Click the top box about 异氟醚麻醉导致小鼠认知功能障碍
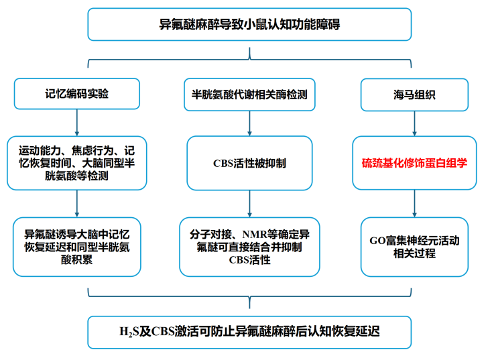[249, 25]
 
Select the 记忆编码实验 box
[77, 94]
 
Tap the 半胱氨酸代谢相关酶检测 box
[249, 95]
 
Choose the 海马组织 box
[414, 95]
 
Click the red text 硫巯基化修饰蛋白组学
[414, 163]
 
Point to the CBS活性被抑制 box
[249, 163]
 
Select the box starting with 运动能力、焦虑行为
[77, 163]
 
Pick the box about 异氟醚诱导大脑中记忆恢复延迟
[77, 247]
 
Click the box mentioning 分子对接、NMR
[249, 247]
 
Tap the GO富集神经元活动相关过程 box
[414, 247]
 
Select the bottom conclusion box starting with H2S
[249, 332]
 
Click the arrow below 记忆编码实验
[77, 123]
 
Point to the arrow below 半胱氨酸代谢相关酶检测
[249, 123]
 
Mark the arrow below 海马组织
[414, 123]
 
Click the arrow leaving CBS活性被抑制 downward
[249, 204]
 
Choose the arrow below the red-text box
[414, 204]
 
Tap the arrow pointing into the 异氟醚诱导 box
[77, 204]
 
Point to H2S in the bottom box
[129, 332]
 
